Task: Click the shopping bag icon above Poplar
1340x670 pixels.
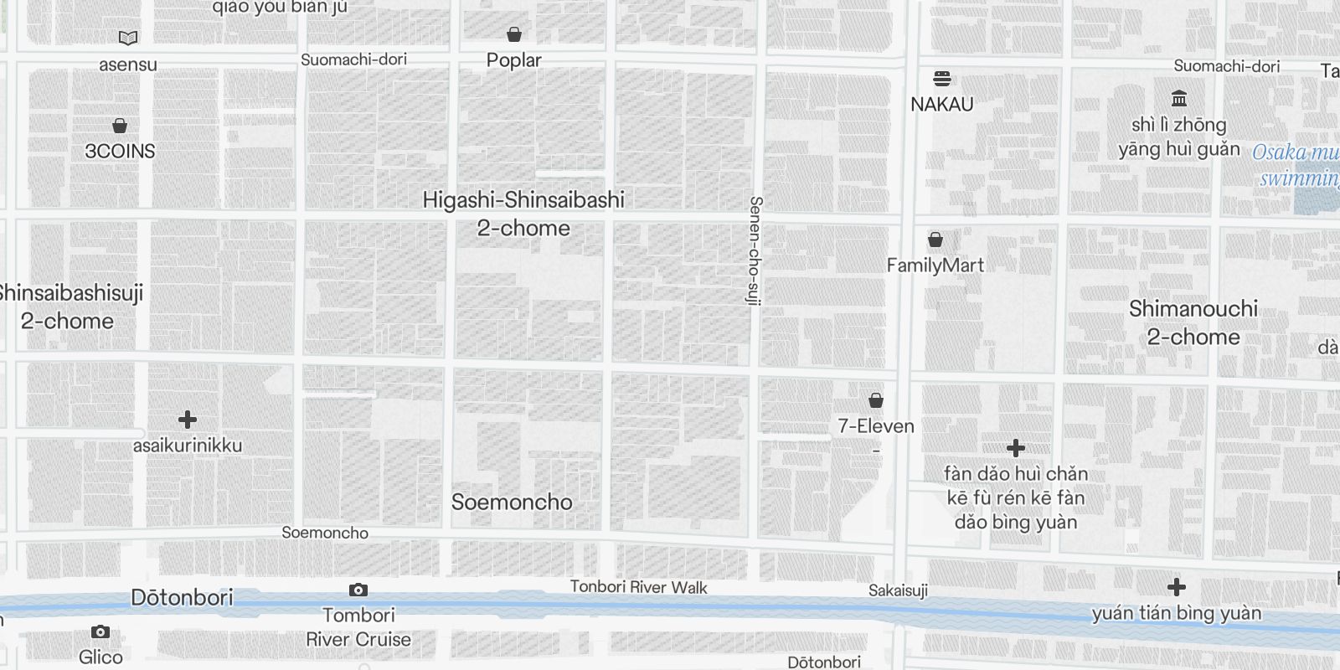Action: pyautogui.click(x=514, y=34)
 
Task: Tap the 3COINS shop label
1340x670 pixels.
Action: pyautogui.click(x=120, y=151)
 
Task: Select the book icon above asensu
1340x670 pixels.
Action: pyautogui.click(x=128, y=38)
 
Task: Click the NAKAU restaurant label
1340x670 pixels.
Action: pyautogui.click(x=942, y=105)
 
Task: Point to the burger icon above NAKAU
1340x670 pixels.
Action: pyautogui.click(x=942, y=79)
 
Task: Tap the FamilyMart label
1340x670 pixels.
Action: pyautogui.click(x=935, y=265)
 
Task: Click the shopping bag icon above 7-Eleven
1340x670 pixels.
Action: pyautogui.click(x=876, y=400)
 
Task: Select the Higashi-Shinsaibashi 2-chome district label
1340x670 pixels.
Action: pyautogui.click(x=523, y=214)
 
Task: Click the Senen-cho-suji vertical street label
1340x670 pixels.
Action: pyautogui.click(x=755, y=251)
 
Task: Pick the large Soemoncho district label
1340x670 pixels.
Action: pyautogui.click(x=512, y=502)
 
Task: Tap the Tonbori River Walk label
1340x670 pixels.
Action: pyautogui.click(x=639, y=587)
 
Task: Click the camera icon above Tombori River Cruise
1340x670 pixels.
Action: pyautogui.click(x=358, y=590)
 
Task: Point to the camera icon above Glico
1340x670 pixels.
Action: pyautogui.click(x=100, y=631)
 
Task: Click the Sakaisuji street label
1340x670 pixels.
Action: pyautogui.click(x=898, y=590)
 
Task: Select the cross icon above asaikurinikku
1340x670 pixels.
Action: pyautogui.click(x=188, y=419)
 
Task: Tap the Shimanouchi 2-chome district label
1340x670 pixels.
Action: pyautogui.click(x=1193, y=322)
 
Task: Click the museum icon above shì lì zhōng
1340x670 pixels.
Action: pyautogui.click(x=1179, y=99)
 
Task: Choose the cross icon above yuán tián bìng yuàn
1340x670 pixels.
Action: pyautogui.click(x=1177, y=587)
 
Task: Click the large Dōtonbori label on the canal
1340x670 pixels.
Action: pyautogui.click(x=182, y=597)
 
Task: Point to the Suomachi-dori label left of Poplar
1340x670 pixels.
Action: pyautogui.click(x=353, y=59)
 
